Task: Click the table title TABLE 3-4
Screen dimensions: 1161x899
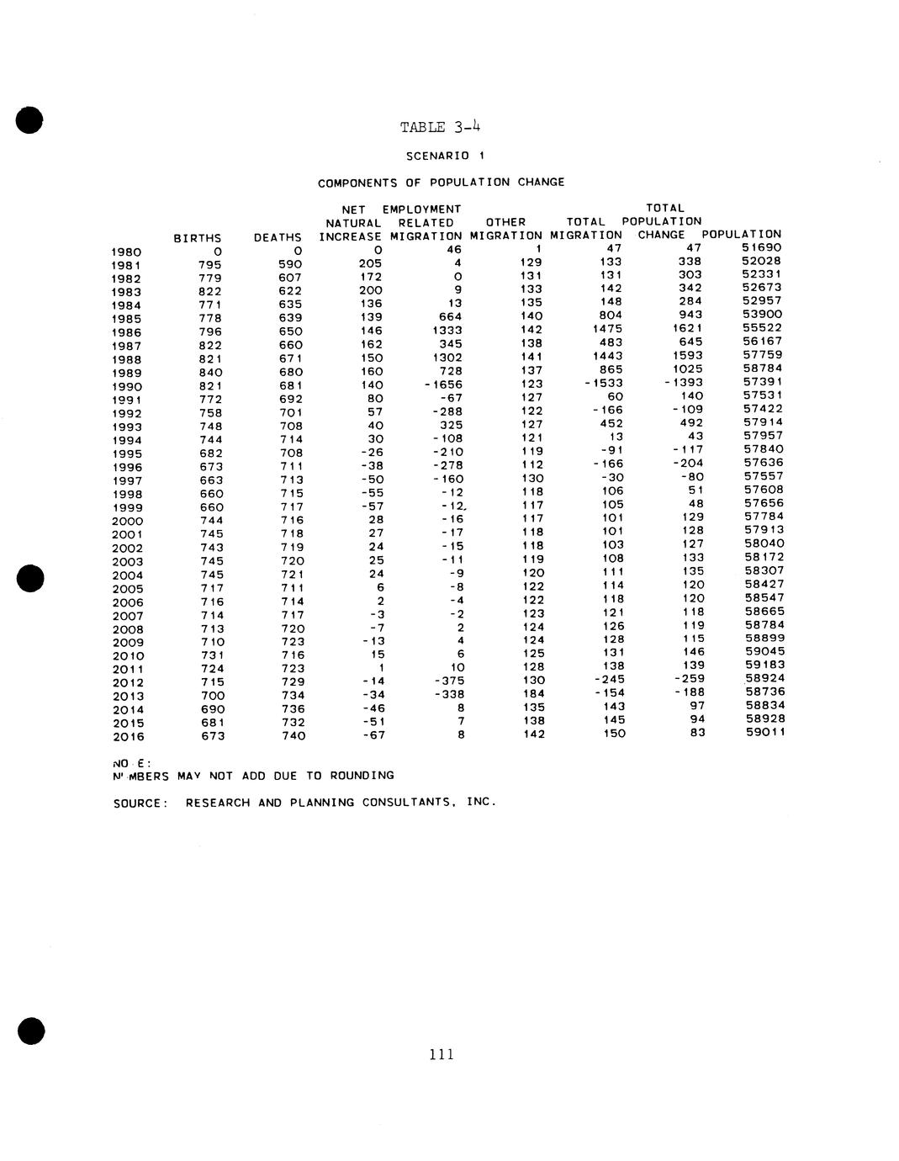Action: [x=441, y=127]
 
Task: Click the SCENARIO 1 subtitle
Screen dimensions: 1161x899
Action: [x=446, y=156]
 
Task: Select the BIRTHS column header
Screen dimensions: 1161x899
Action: [x=198, y=238]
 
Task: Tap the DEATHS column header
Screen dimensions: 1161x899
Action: [x=278, y=238]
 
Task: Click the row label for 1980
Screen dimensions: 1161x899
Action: [x=126, y=252]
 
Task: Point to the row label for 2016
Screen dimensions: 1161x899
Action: [x=129, y=737]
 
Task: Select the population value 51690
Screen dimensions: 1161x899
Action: [x=762, y=247]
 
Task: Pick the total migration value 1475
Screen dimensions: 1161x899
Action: [x=608, y=329]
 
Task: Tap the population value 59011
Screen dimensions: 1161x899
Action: [x=764, y=733]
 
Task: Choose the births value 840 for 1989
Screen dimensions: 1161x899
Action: [x=210, y=372]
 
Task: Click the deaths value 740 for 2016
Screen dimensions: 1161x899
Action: [x=293, y=735]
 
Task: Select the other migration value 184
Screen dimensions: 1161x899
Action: [x=533, y=694]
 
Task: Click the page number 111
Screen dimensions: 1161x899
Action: [x=442, y=1054]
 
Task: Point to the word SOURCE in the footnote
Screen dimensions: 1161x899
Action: [x=138, y=803]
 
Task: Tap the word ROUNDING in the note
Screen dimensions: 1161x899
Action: [x=361, y=775]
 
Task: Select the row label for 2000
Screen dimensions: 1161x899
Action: [x=127, y=521]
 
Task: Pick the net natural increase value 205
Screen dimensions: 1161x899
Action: [x=370, y=263]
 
